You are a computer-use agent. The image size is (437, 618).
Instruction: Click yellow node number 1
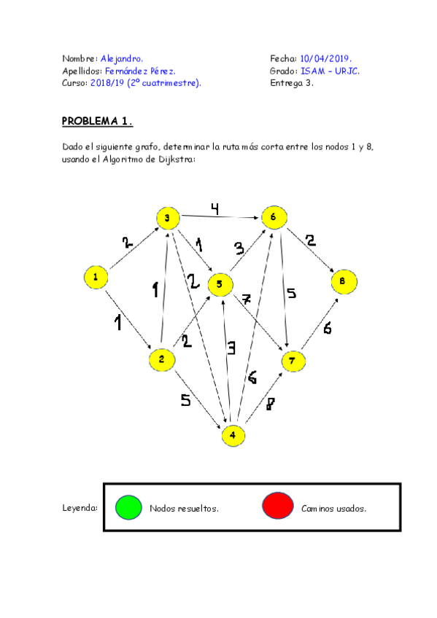click(x=96, y=277)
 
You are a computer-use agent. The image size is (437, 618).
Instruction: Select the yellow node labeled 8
click(x=344, y=281)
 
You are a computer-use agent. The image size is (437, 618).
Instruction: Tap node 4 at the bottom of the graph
click(x=233, y=435)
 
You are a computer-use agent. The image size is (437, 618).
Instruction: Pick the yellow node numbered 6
click(x=273, y=217)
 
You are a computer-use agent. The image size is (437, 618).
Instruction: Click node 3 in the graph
click(x=167, y=218)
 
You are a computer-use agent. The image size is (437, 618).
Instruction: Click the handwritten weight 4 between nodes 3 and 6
click(x=214, y=209)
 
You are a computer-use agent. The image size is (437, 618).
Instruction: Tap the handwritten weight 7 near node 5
click(x=247, y=300)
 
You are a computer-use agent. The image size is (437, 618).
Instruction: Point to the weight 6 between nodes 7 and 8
click(x=327, y=329)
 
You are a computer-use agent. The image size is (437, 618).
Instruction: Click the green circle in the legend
click(x=128, y=508)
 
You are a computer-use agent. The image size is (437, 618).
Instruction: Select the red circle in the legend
click(x=278, y=508)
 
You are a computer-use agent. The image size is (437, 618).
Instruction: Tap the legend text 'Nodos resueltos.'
click(x=184, y=509)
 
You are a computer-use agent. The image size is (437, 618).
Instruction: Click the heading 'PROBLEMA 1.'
click(x=97, y=121)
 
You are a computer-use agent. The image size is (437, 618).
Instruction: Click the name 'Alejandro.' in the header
click(x=122, y=58)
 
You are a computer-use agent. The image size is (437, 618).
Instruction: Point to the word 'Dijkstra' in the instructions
click(x=174, y=159)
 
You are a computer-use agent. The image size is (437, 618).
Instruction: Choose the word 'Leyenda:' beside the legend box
click(x=80, y=508)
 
